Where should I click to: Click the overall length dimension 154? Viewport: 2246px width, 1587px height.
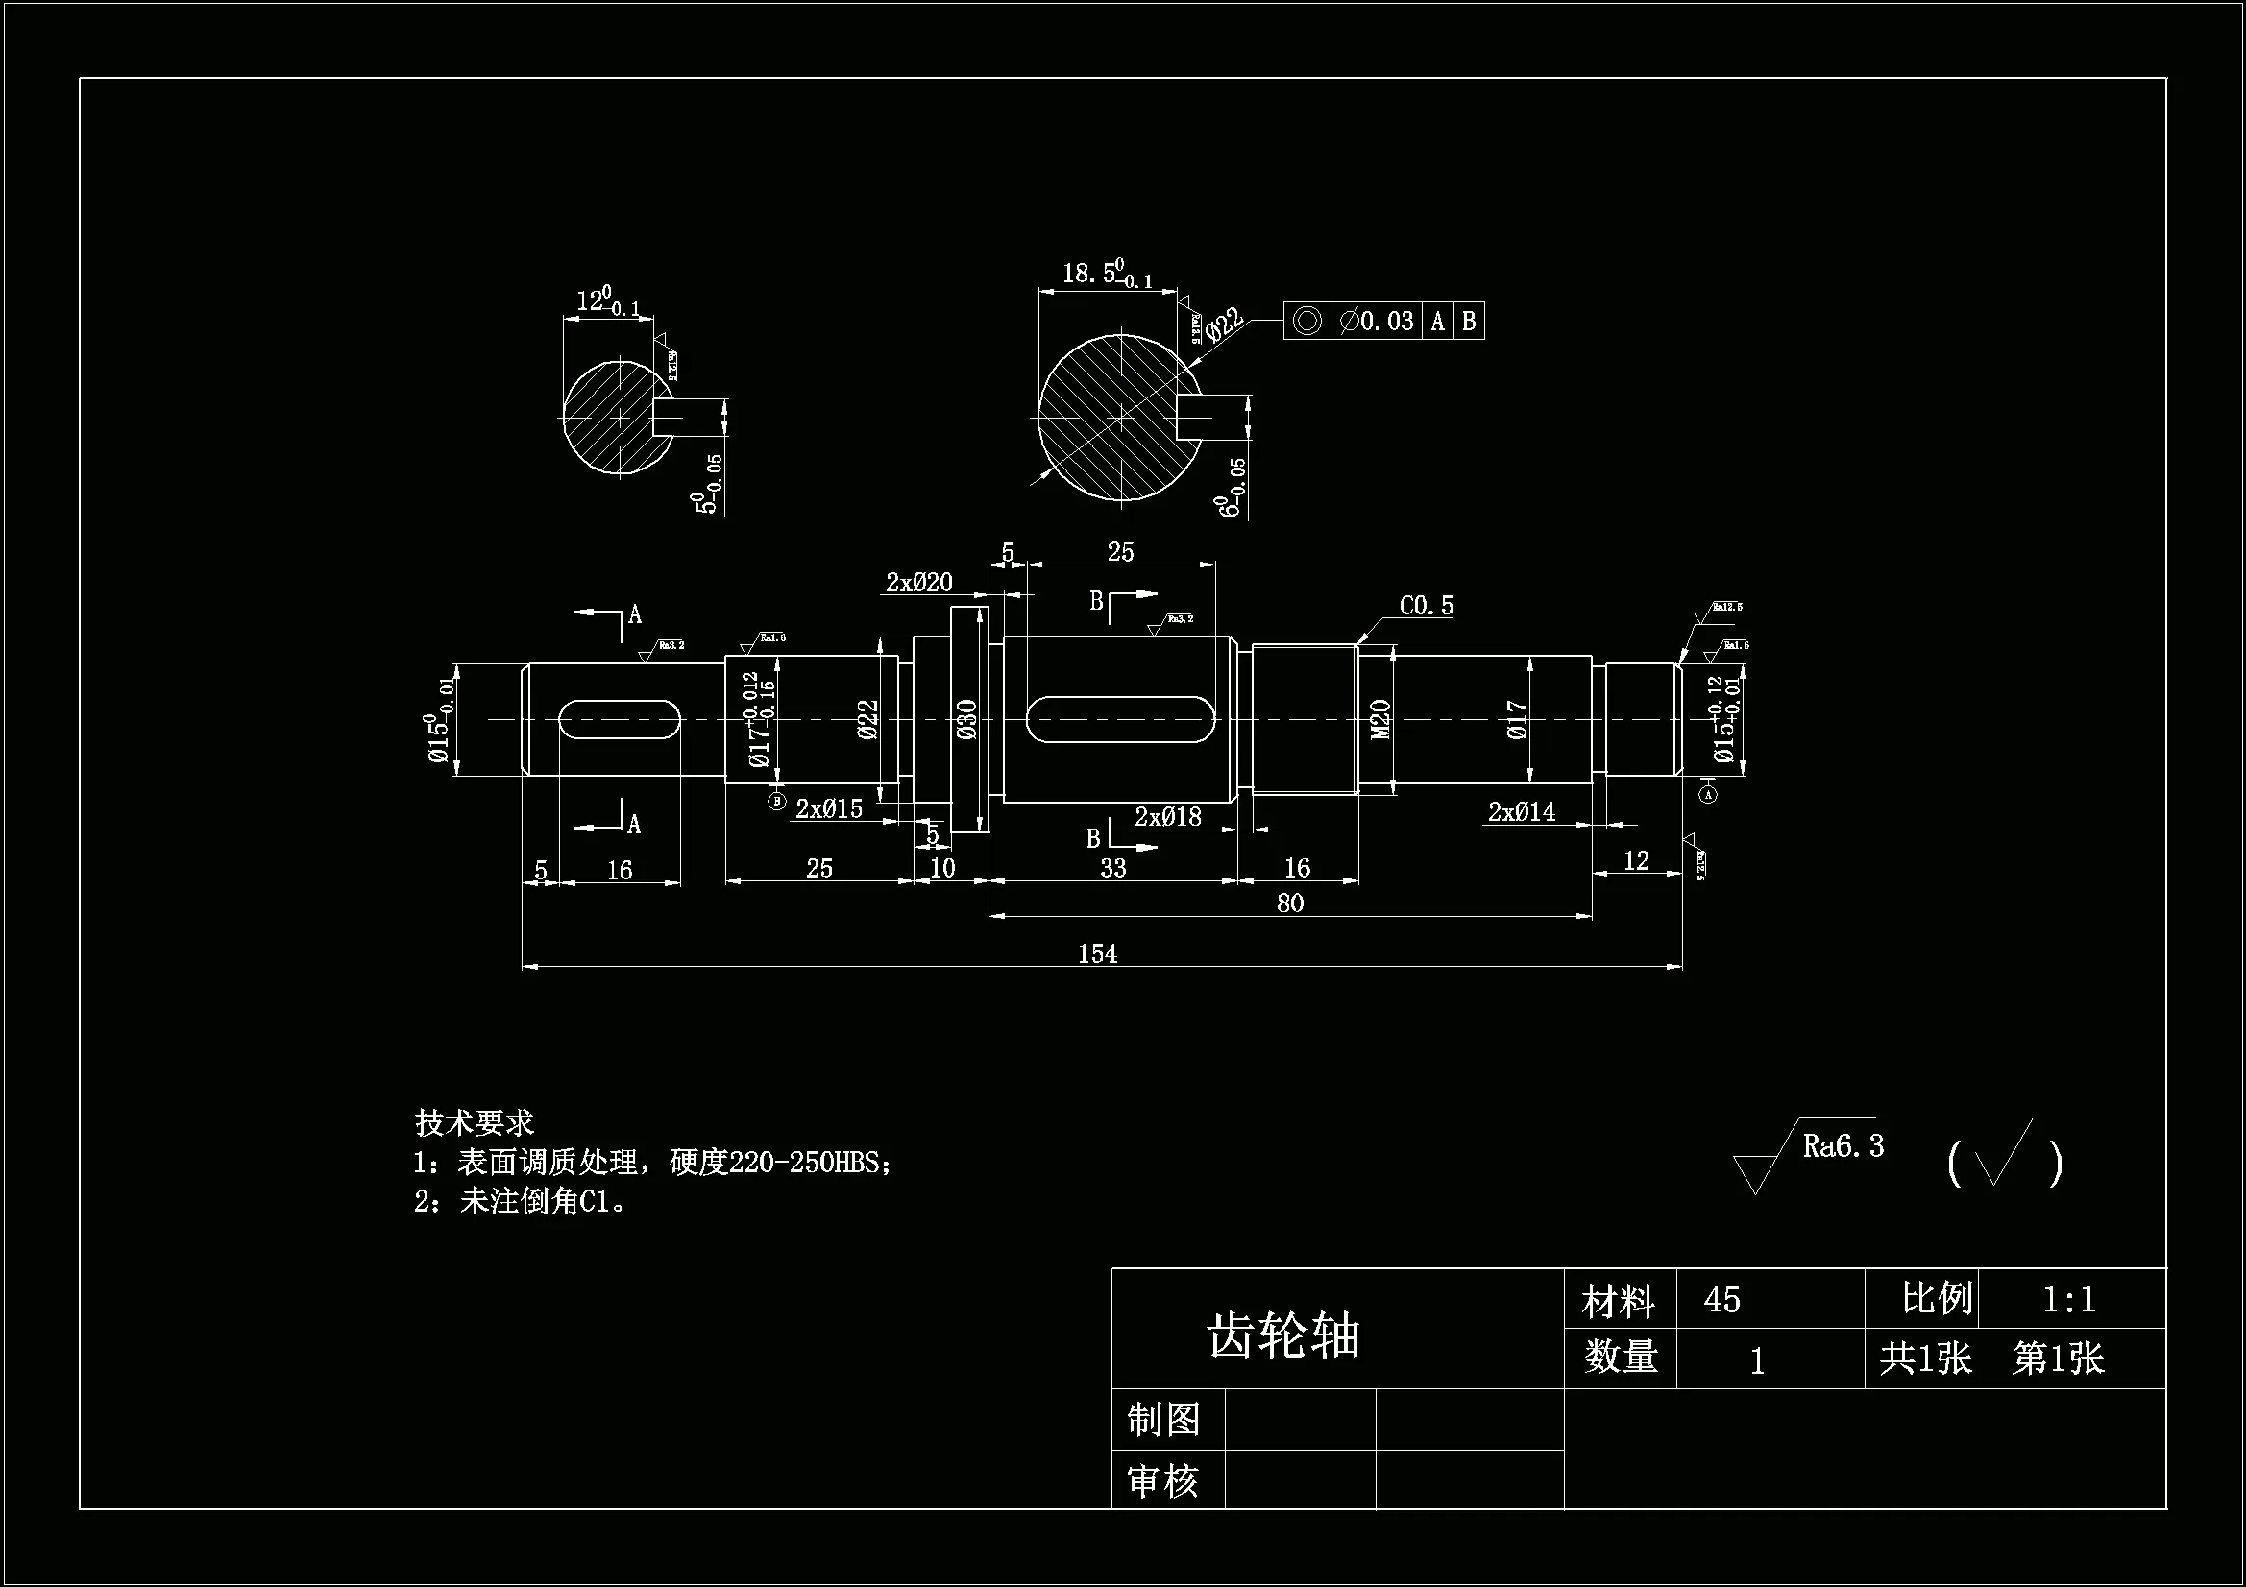[1097, 953]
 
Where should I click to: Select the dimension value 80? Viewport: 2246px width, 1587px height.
[1289, 902]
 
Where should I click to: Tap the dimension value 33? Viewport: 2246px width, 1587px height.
[1112, 867]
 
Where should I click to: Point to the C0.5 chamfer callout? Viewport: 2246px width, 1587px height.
[1427, 606]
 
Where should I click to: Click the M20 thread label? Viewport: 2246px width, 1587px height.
[1380, 720]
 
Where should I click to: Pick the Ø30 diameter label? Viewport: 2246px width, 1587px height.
[966, 720]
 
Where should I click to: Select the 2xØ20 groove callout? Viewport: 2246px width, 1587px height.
[918, 583]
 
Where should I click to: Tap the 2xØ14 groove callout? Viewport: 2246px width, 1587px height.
[1521, 811]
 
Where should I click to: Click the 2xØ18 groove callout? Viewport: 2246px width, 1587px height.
[1167, 816]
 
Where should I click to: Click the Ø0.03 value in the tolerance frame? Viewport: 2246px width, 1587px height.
[1378, 321]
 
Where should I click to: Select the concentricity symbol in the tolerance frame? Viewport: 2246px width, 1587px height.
[1306, 321]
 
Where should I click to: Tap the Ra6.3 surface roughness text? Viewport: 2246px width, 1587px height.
[1843, 1146]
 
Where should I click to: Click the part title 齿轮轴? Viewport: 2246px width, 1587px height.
[1284, 1335]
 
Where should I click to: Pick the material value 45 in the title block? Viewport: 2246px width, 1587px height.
[1721, 1300]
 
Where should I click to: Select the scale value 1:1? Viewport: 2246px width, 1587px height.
[2069, 1300]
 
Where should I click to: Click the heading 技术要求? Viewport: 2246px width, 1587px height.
[475, 1122]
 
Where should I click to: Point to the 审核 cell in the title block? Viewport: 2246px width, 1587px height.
[1163, 1481]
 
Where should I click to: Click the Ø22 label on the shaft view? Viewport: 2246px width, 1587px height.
[867, 720]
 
